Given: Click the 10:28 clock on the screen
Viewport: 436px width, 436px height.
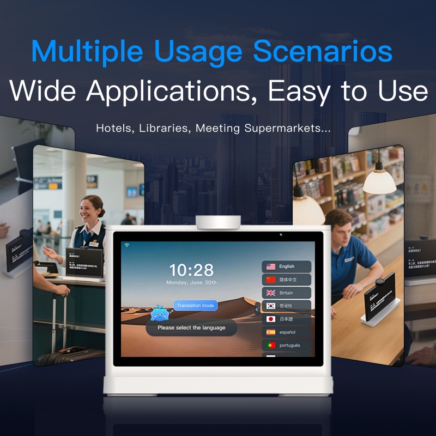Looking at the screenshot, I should (x=191, y=270).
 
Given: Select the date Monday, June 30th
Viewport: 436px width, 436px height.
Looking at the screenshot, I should (x=191, y=282).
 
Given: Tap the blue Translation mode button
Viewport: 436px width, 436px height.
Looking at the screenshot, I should (x=196, y=305).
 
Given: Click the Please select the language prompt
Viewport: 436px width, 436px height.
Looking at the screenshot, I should (x=191, y=328).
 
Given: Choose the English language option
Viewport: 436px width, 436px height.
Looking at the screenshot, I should (x=287, y=267).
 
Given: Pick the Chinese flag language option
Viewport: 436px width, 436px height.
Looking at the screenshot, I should (x=287, y=280).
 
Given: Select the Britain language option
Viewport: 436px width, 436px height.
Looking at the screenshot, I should (x=287, y=293).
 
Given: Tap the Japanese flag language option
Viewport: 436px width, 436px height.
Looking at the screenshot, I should (x=287, y=319).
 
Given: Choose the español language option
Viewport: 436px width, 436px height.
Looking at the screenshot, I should (x=287, y=332).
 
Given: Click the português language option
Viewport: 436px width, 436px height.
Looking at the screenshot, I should (x=287, y=345).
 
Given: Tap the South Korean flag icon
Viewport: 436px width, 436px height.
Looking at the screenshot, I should (x=271, y=306).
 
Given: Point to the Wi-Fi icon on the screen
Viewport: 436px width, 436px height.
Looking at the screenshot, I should (x=126, y=245).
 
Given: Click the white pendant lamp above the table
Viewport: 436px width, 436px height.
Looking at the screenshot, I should (x=379, y=180).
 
